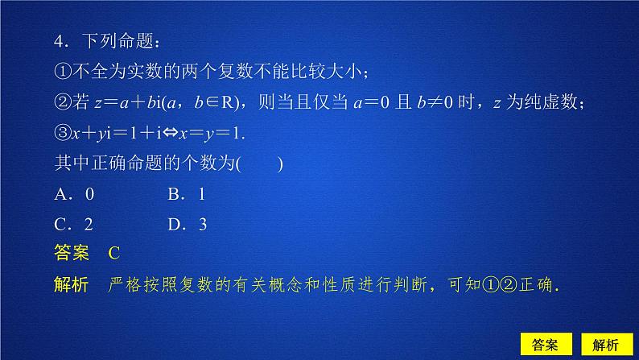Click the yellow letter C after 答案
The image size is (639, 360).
tap(113, 254)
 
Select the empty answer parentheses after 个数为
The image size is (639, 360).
tap(259, 163)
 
